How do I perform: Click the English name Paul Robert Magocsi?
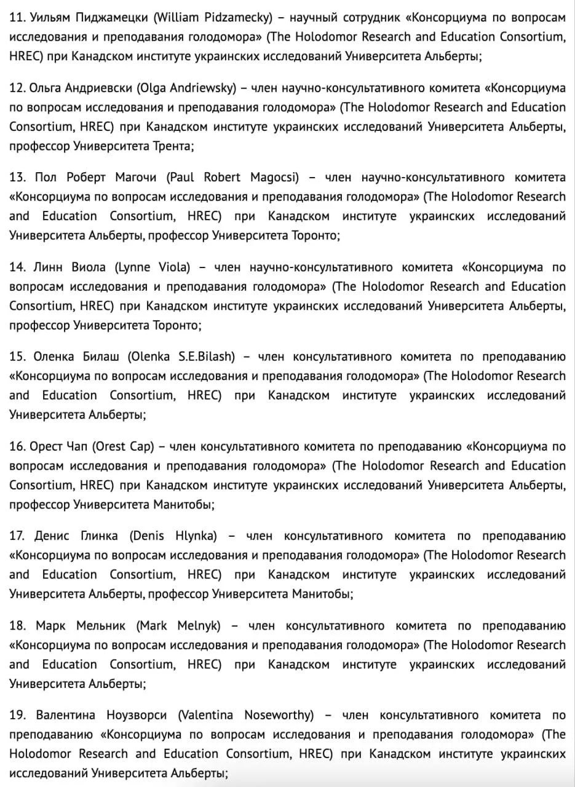232,178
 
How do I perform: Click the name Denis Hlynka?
173,536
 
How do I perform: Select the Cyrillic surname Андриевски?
90,88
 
